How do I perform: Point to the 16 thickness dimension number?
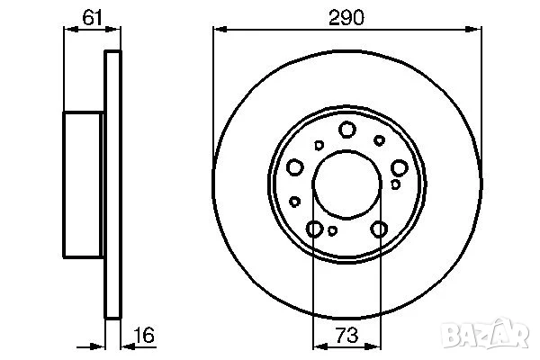click(144, 336)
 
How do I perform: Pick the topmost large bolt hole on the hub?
click(346, 130)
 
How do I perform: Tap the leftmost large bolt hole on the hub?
click(294, 166)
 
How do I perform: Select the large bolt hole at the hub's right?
click(399, 166)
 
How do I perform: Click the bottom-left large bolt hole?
click(314, 229)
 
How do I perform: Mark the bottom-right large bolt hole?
click(379, 229)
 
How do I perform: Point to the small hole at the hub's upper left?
click(319, 144)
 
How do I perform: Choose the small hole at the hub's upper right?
click(379, 139)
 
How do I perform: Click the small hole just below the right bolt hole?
click(396, 184)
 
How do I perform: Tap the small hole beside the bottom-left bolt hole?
click(332, 231)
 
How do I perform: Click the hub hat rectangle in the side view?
click(84, 184)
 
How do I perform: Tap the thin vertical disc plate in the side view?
click(112, 184)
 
